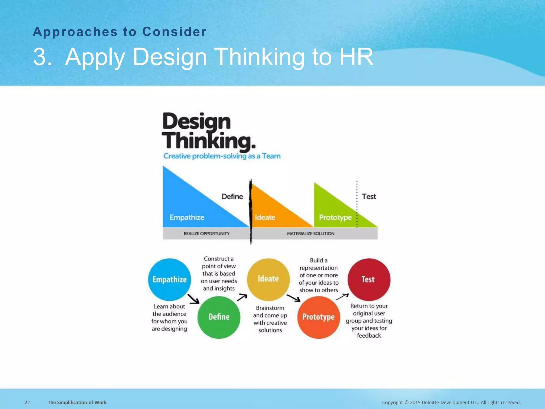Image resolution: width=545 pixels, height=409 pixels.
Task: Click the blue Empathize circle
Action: tap(170, 279)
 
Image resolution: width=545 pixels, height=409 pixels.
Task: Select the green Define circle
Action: tap(219, 317)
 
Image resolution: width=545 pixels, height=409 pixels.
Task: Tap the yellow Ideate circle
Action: tap(268, 279)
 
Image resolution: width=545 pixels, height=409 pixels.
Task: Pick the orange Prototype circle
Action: tap(319, 317)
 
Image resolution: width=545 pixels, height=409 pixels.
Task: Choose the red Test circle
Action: tap(369, 279)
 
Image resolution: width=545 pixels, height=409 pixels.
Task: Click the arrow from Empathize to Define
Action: tap(193, 299)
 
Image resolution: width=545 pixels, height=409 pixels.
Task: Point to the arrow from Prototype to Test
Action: tap(342, 297)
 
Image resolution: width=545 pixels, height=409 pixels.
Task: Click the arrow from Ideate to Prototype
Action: tap(293, 298)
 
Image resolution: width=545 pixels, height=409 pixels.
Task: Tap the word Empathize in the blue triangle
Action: tap(187, 217)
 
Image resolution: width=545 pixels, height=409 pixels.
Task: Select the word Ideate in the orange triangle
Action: tap(265, 217)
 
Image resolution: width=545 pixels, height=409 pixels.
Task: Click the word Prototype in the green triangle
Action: tap(335, 218)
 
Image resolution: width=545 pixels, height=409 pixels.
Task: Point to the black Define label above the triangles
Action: tap(232, 197)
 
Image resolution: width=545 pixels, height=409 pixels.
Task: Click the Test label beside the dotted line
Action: tap(369, 197)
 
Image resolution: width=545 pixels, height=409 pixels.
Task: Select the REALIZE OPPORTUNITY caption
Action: tap(207, 234)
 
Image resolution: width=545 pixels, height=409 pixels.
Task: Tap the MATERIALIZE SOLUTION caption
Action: tap(311, 234)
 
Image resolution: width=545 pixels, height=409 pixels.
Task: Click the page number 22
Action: tap(27, 402)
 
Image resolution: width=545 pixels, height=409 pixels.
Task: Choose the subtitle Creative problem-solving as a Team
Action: tap(222, 156)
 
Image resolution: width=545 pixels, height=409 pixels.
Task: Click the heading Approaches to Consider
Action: tap(120, 32)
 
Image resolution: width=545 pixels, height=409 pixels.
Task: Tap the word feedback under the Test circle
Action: tap(369, 336)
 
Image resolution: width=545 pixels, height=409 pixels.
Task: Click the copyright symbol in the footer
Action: tap(406, 402)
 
